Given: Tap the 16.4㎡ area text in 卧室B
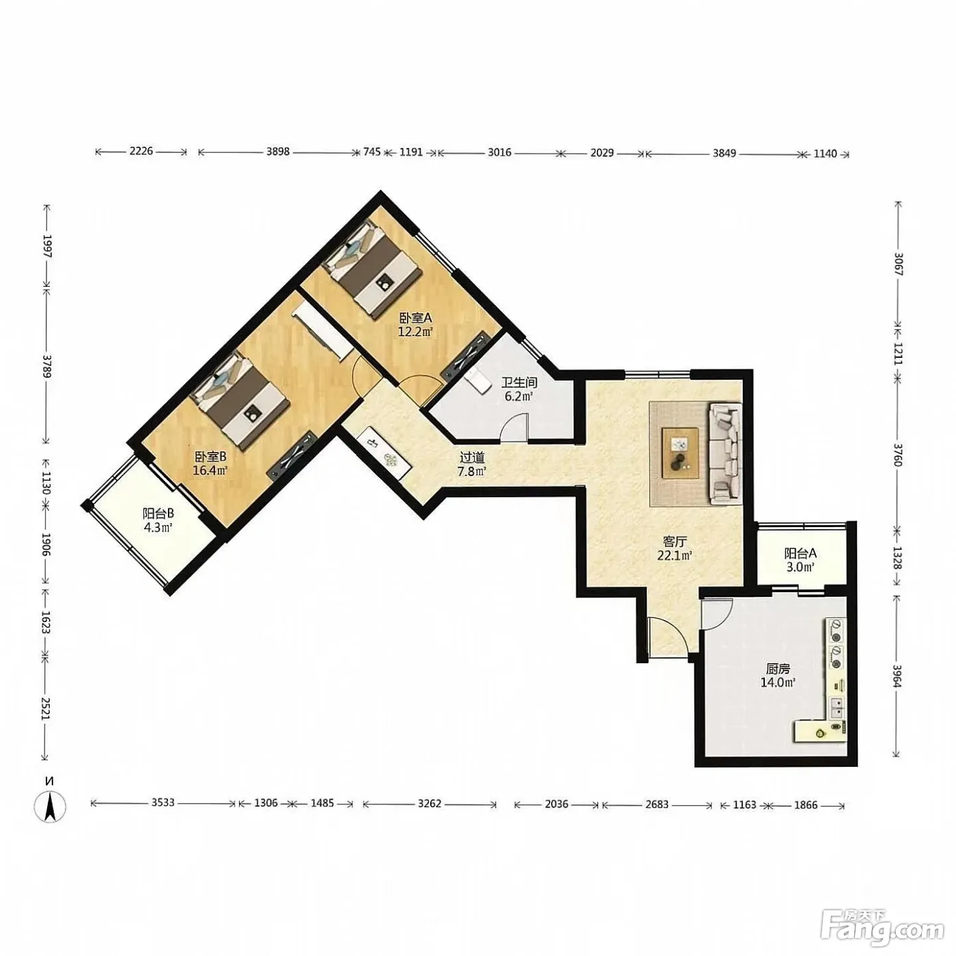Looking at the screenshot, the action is click(x=210, y=470).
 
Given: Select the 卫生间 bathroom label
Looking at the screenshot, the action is click(x=519, y=382).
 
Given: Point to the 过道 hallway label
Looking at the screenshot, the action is click(x=471, y=457).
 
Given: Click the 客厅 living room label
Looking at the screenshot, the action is click(x=675, y=542).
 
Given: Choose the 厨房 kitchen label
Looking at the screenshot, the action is click(x=778, y=669).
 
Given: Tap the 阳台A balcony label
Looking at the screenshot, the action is click(x=800, y=553).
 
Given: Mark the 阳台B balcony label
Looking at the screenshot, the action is click(x=158, y=514).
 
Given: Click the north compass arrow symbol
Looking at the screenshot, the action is click(x=50, y=807).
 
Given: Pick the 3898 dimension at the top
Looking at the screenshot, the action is click(x=278, y=152).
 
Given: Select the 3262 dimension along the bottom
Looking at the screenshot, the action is click(x=429, y=803).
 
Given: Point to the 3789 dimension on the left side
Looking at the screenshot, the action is click(x=46, y=365).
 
